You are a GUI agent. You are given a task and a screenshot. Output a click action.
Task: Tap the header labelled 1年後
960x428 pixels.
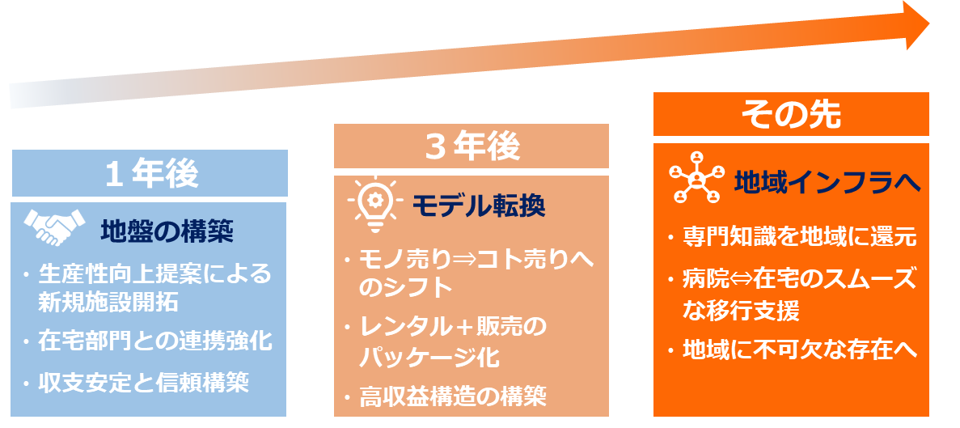[150, 173]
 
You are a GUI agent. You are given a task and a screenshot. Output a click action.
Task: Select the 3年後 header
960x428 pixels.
[472, 146]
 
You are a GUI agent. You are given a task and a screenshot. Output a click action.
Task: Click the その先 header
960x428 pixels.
[791, 115]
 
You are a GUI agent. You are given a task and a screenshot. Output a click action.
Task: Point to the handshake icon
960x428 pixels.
[55, 227]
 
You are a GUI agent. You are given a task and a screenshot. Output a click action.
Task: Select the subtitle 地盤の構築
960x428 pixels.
[167, 231]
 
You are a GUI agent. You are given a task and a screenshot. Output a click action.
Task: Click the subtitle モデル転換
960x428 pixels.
[479, 206]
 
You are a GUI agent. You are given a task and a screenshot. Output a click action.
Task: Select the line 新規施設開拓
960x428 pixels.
[108, 303]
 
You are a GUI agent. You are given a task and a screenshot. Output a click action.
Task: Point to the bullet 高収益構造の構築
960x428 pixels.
[453, 397]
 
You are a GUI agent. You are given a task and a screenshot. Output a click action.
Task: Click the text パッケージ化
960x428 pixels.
[429, 356]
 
